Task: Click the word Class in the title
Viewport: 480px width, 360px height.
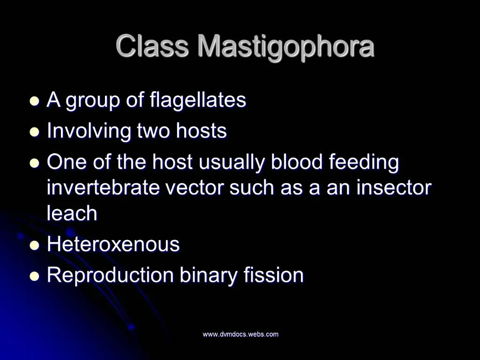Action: (152, 46)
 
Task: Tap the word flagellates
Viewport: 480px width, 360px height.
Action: (198, 100)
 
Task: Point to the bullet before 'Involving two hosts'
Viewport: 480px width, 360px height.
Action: (34, 132)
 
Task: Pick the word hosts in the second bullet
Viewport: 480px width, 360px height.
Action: (202, 131)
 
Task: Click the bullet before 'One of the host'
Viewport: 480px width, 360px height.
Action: (34, 163)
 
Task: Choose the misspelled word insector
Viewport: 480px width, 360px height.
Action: (394, 188)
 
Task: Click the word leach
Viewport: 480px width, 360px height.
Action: (72, 213)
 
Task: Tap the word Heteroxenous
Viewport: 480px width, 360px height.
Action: (113, 244)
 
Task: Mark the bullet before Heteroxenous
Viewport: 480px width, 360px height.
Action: (34, 245)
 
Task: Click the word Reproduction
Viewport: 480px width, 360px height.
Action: (111, 275)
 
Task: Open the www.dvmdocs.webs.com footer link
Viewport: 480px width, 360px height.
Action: (240, 334)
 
